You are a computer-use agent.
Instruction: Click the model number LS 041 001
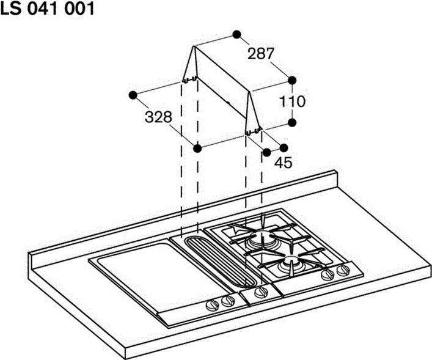click(48, 9)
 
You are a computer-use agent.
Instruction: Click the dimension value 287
click(261, 54)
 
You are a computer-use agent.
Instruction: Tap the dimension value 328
click(158, 117)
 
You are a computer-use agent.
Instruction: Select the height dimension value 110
click(292, 101)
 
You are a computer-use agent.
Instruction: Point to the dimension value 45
click(283, 163)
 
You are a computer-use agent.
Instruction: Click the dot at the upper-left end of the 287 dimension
click(236, 34)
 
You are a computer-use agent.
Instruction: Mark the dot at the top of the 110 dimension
click(292, 80)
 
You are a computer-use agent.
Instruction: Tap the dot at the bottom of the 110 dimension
click(292, 123)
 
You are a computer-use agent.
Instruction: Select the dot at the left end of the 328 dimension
click(133, 95)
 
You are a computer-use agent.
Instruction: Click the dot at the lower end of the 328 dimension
click(197, 149)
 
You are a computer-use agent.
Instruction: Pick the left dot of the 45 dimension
click(266, 152)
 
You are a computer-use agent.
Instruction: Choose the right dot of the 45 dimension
click(284, 148)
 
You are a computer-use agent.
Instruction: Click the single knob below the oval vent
click(261, 293)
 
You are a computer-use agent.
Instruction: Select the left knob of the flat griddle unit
click(213, 305)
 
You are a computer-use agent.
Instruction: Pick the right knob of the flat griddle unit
click(228, 301)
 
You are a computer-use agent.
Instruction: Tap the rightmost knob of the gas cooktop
click(343, 270)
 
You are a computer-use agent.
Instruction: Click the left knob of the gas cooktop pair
click(328, 274)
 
